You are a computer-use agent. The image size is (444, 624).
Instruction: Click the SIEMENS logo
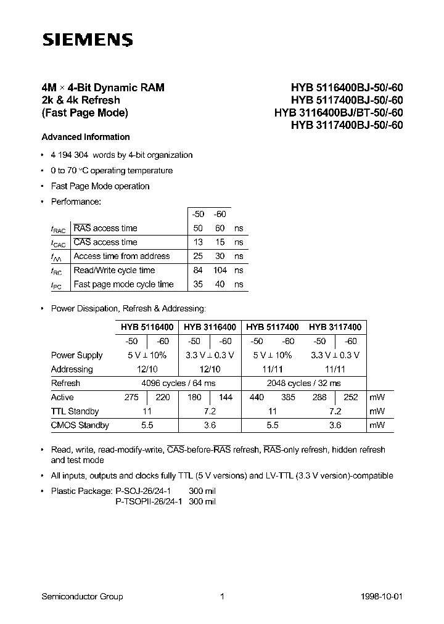pos(86,40)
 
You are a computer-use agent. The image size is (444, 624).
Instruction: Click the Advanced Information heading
pos(85,137)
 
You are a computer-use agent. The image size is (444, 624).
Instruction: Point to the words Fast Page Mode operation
pos(100,186)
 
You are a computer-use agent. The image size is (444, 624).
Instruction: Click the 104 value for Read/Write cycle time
pos(220,270)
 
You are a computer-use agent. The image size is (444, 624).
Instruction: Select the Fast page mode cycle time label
pos(123,284)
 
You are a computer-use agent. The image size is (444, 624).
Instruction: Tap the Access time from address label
pos(121,256)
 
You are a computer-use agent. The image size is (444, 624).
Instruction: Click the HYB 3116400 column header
pos(210,327)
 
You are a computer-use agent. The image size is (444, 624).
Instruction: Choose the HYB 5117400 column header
pos(272,327)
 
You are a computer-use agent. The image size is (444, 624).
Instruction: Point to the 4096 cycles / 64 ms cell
pos(178,383)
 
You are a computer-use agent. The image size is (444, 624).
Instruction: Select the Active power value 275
pos(131,398)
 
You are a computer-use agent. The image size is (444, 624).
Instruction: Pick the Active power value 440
pos(257,398)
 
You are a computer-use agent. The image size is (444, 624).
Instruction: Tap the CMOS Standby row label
pos(80,425)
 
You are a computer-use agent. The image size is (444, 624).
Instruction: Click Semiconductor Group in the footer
pos(82,596)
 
